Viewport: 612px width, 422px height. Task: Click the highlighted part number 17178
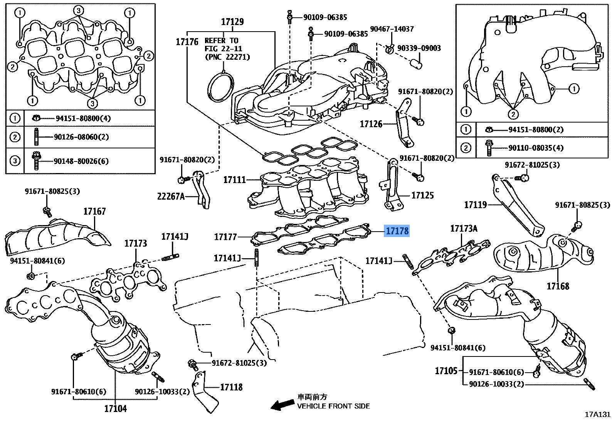[x=397, y=231]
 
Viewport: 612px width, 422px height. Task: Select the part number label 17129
[x=232, y=22]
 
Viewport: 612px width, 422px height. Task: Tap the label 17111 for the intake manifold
[x=234, y=180]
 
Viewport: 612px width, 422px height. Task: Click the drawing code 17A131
[x=597, y=414]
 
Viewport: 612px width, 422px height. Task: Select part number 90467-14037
[x=392, y=29]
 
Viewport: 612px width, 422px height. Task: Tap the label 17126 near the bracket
[x=371, y=124]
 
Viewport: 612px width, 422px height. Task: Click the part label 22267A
[x=171, y=197]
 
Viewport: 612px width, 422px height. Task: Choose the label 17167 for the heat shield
[x=94, y=211]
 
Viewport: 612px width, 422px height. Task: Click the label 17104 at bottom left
[x=115, y=409]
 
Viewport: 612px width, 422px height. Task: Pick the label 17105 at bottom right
[x=446, y=371]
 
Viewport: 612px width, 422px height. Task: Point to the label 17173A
[x=464, y=229]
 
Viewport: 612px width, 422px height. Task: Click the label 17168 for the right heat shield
[x=558, y=286]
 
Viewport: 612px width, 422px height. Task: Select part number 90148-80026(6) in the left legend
[x=81, y=161]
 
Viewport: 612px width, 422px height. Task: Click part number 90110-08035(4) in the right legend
[x=536, y=148]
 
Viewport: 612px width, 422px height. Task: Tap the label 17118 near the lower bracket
[x=231, y=387]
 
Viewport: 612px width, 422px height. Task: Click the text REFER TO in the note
[x=221, y=40]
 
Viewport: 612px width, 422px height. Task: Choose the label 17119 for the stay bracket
[x=475, y=205]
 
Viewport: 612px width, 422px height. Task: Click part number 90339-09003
[x=419, y=48]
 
